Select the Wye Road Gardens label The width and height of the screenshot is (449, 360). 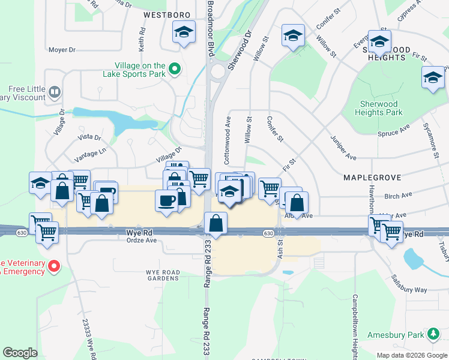coord(163,275)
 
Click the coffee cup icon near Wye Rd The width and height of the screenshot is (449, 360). coord(166,200)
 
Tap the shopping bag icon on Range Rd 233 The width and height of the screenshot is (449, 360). coord(215,223)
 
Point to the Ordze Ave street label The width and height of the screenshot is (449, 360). coord(142,241)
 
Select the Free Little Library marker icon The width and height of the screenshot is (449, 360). coord(55,92)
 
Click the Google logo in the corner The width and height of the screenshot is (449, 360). coord(20,353)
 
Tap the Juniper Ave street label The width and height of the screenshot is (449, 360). coord(343,147)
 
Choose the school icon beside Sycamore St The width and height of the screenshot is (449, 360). coord(432,77)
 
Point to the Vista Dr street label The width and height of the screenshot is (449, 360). coord(90,137)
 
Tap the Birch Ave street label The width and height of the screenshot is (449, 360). coord(398,196)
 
